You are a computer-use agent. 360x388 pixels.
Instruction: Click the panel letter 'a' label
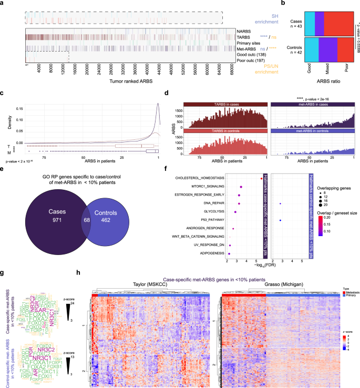tap(3, 4)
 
